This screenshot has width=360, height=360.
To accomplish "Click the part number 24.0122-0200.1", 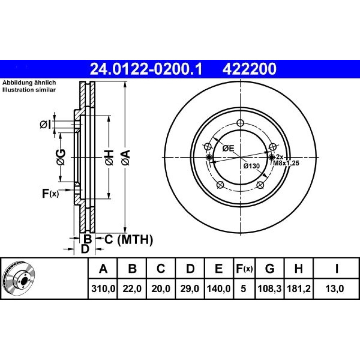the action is click(x=146, y=69).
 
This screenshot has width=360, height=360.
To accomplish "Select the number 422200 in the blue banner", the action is click(x=249, y=69).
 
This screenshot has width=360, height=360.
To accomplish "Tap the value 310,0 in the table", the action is click(x=103, y=289).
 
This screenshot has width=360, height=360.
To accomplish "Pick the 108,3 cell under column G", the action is click(x=270, y=289).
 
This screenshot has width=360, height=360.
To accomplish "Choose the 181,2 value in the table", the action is click(x=298, y=289).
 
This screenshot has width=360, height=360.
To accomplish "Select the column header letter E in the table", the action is click(x=219, y=269).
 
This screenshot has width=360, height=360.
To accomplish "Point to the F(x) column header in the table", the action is click(x=244, y=269).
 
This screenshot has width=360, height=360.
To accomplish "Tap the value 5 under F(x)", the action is click(x=243, y=289).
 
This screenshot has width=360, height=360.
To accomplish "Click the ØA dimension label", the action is click(x=126, y=158).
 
